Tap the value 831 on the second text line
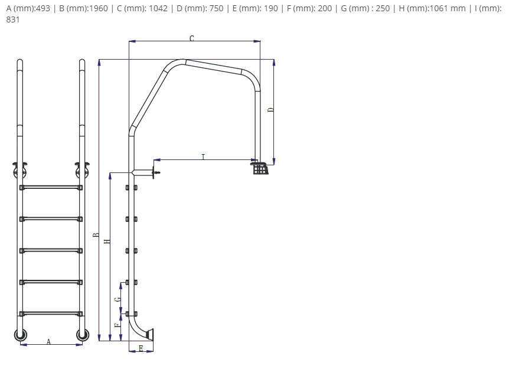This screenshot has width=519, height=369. (x=13, y=19)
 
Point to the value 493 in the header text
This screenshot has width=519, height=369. (x=43, y=8)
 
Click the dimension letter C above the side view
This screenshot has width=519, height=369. (x=192, y=38)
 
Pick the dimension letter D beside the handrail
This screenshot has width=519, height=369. (x=271, y=110)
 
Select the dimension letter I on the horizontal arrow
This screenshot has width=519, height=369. (x=203, y=156)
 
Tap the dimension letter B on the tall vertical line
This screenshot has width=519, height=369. (x=96, y=235)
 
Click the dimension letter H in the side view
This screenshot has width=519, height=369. (x=107, y=241)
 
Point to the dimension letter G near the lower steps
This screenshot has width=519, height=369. (x=117, y=299)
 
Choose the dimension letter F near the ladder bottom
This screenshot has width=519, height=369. (x=117, y=325)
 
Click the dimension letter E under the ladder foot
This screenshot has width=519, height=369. (x=141, y=348)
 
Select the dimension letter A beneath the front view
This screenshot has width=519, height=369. (x=48, y=341)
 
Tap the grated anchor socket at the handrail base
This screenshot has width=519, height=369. (x=260, y=167)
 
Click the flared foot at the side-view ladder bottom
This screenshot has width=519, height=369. (x=149, y=334)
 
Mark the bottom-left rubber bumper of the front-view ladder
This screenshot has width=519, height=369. (x=21, y=335)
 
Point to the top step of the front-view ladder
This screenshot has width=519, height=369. (x=51, y=188)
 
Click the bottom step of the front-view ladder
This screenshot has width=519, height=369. (x=51, y=314)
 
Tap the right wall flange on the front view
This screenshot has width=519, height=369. (x=82, y=169)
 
